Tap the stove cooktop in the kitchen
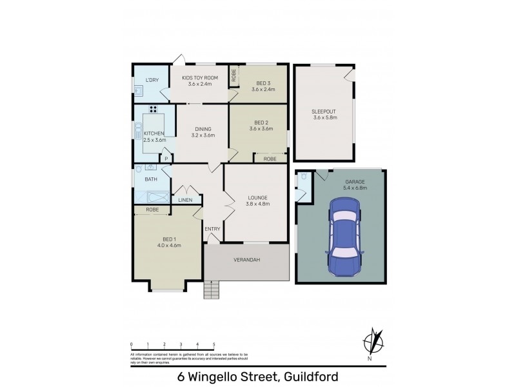(154, 109)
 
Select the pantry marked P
(166, 158)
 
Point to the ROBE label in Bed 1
(152, 210)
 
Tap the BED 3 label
(263, 83)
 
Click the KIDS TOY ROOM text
(200, 78)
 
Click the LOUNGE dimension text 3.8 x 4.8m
(257, 204)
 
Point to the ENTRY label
(213, 229)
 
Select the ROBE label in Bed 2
(270, 158)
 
